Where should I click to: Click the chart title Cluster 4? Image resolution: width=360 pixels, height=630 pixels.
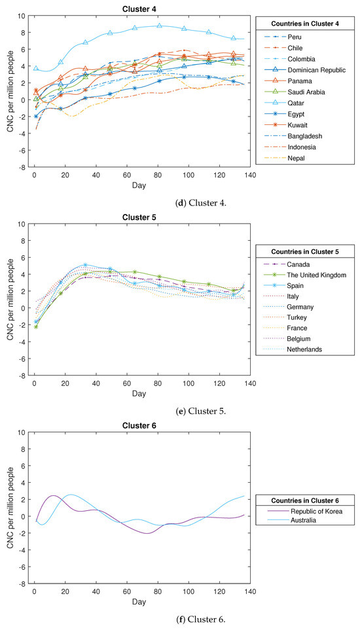click(x=141, y=8)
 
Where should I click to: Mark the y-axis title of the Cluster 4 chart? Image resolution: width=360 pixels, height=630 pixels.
click(x=10, y=91)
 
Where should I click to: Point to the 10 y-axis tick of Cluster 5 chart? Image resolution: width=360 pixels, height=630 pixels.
click(x=22, y=224)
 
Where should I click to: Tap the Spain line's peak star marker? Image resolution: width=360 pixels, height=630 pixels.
click(x=86, y=265)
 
